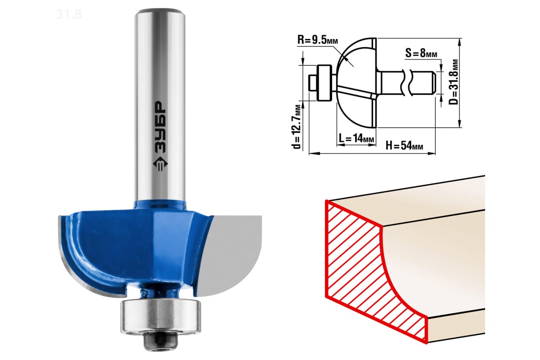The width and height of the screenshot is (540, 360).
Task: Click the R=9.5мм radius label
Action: (x=318, y=40)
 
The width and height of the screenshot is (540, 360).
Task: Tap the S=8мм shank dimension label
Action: (x=421, y=53)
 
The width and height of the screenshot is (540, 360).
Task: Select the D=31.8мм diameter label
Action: (x=453, y=82)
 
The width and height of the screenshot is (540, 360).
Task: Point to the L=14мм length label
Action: (x=356, y=138)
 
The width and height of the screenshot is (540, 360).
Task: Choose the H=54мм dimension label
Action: (x=404, y=145)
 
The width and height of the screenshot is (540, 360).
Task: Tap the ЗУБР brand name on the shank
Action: (x=160, y=127)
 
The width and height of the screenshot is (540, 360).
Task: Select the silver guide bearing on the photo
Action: (x=161, y=317)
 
